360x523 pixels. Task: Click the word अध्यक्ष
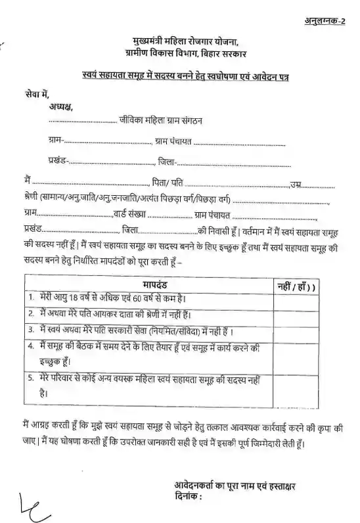click(x=60, y=106)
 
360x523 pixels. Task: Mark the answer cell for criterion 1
click(x=294, y=300)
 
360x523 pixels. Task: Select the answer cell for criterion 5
click(x=294, y=387)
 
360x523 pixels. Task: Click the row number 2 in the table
click(x=32, y=315)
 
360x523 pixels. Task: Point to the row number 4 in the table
click(x=32, y=346)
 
